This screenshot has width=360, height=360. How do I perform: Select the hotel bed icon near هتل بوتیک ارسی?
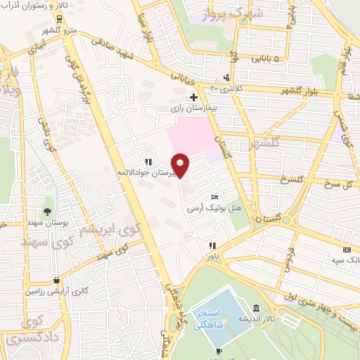pyautogui.click(x=215, y=198)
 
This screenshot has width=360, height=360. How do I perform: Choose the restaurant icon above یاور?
pyautogui.click(x=211, y=246)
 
